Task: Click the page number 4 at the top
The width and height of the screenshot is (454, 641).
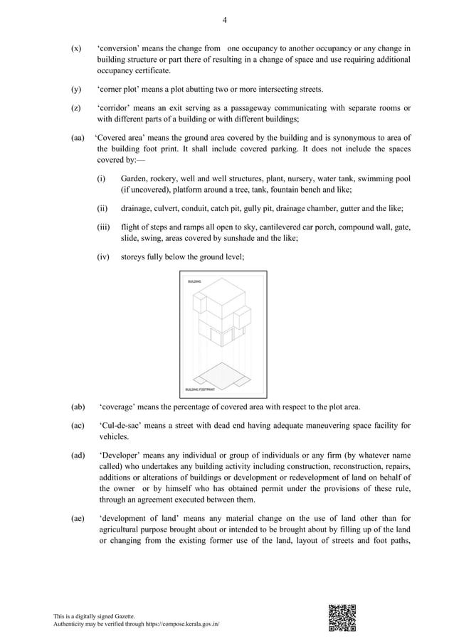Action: (x=225, y=20)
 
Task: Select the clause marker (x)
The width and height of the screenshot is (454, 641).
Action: (x=75, y=48)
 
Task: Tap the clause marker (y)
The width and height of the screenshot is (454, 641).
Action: (x=75, y=89)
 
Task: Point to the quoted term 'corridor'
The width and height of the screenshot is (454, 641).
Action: (x=116, y=108)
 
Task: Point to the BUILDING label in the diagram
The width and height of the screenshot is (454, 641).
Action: (x=194, y=282)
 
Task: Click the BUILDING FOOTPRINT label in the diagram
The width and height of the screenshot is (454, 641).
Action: (x=200, y=389)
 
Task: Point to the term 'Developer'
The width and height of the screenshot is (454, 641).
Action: (x=120, y=455)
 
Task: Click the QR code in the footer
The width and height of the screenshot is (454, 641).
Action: (x=342, y=617)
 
